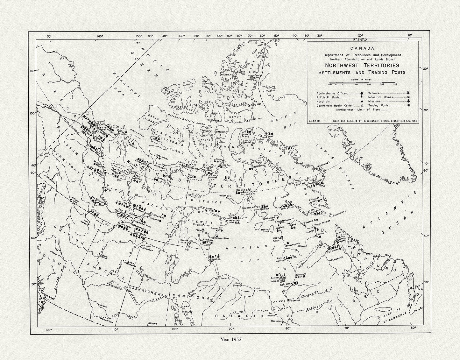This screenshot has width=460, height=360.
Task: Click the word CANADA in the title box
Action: point(362,49)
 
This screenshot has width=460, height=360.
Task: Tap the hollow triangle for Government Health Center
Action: point(361,105)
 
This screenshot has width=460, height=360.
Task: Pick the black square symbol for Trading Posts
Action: point(408,105)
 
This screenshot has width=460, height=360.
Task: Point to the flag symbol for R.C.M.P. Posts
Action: point(361,97)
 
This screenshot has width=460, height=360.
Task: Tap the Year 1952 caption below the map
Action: point(231,339)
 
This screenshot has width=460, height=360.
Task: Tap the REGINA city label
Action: point(153,324)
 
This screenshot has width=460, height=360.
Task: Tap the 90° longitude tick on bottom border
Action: point(231,329)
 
